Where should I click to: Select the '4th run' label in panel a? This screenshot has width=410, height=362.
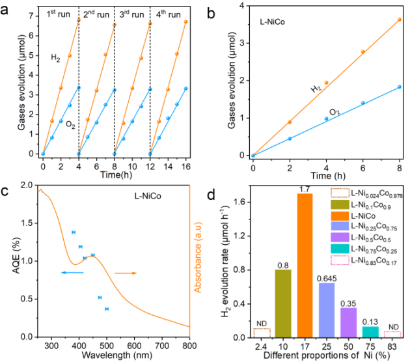169,14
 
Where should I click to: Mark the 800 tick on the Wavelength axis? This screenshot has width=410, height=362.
189,345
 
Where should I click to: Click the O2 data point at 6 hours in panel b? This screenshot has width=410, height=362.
362,102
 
